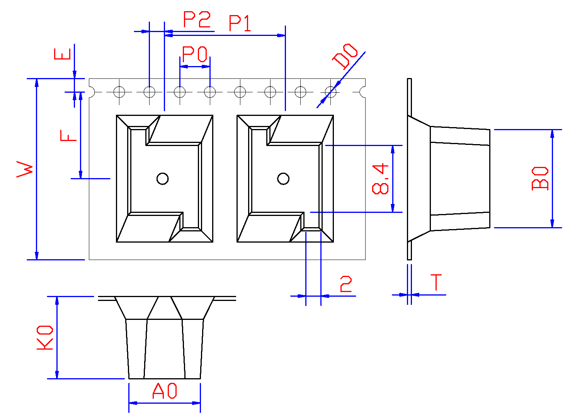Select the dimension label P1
[240, 23]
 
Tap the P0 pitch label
[195, 54]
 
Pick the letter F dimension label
[69, 136]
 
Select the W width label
[25, 169]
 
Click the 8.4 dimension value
[380, 178]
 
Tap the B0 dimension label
[540, 178]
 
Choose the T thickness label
[436, 282]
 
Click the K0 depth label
[45, 338]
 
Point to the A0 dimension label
[165, 391]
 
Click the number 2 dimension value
[346, 284]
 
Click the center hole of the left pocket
[162, 178]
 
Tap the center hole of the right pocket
[283, 178]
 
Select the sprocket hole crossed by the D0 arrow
[330, 92]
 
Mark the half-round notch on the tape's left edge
[92, 92]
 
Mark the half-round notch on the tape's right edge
[363, 92]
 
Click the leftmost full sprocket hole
[119, 92]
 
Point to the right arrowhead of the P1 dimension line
[282, 35]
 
